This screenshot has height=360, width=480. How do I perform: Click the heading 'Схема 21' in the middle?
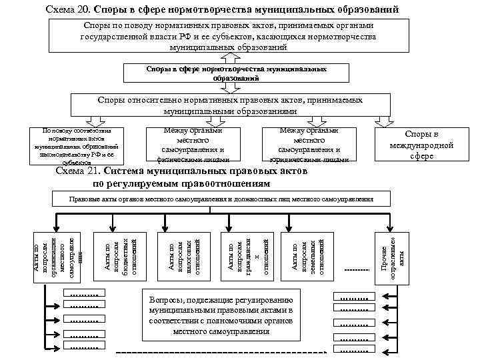pyautogui.click(x=78, y=171)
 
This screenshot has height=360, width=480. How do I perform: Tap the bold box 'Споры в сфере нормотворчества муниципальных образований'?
pyautogui.click(x=237, y=73)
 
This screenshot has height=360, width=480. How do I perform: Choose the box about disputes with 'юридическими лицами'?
pyautogui.click(x=309, y=145)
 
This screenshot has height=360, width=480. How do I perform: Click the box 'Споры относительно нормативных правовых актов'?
pyautogui.click(x=230, y=105)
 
